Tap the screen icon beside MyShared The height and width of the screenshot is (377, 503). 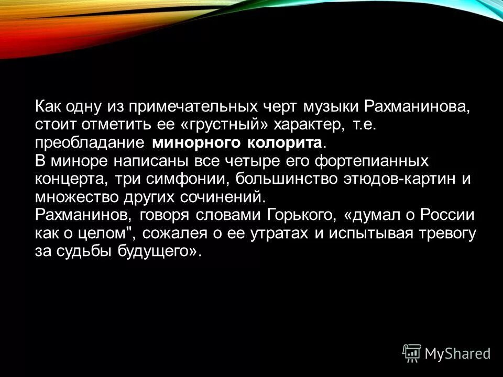(x=411, y=353)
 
